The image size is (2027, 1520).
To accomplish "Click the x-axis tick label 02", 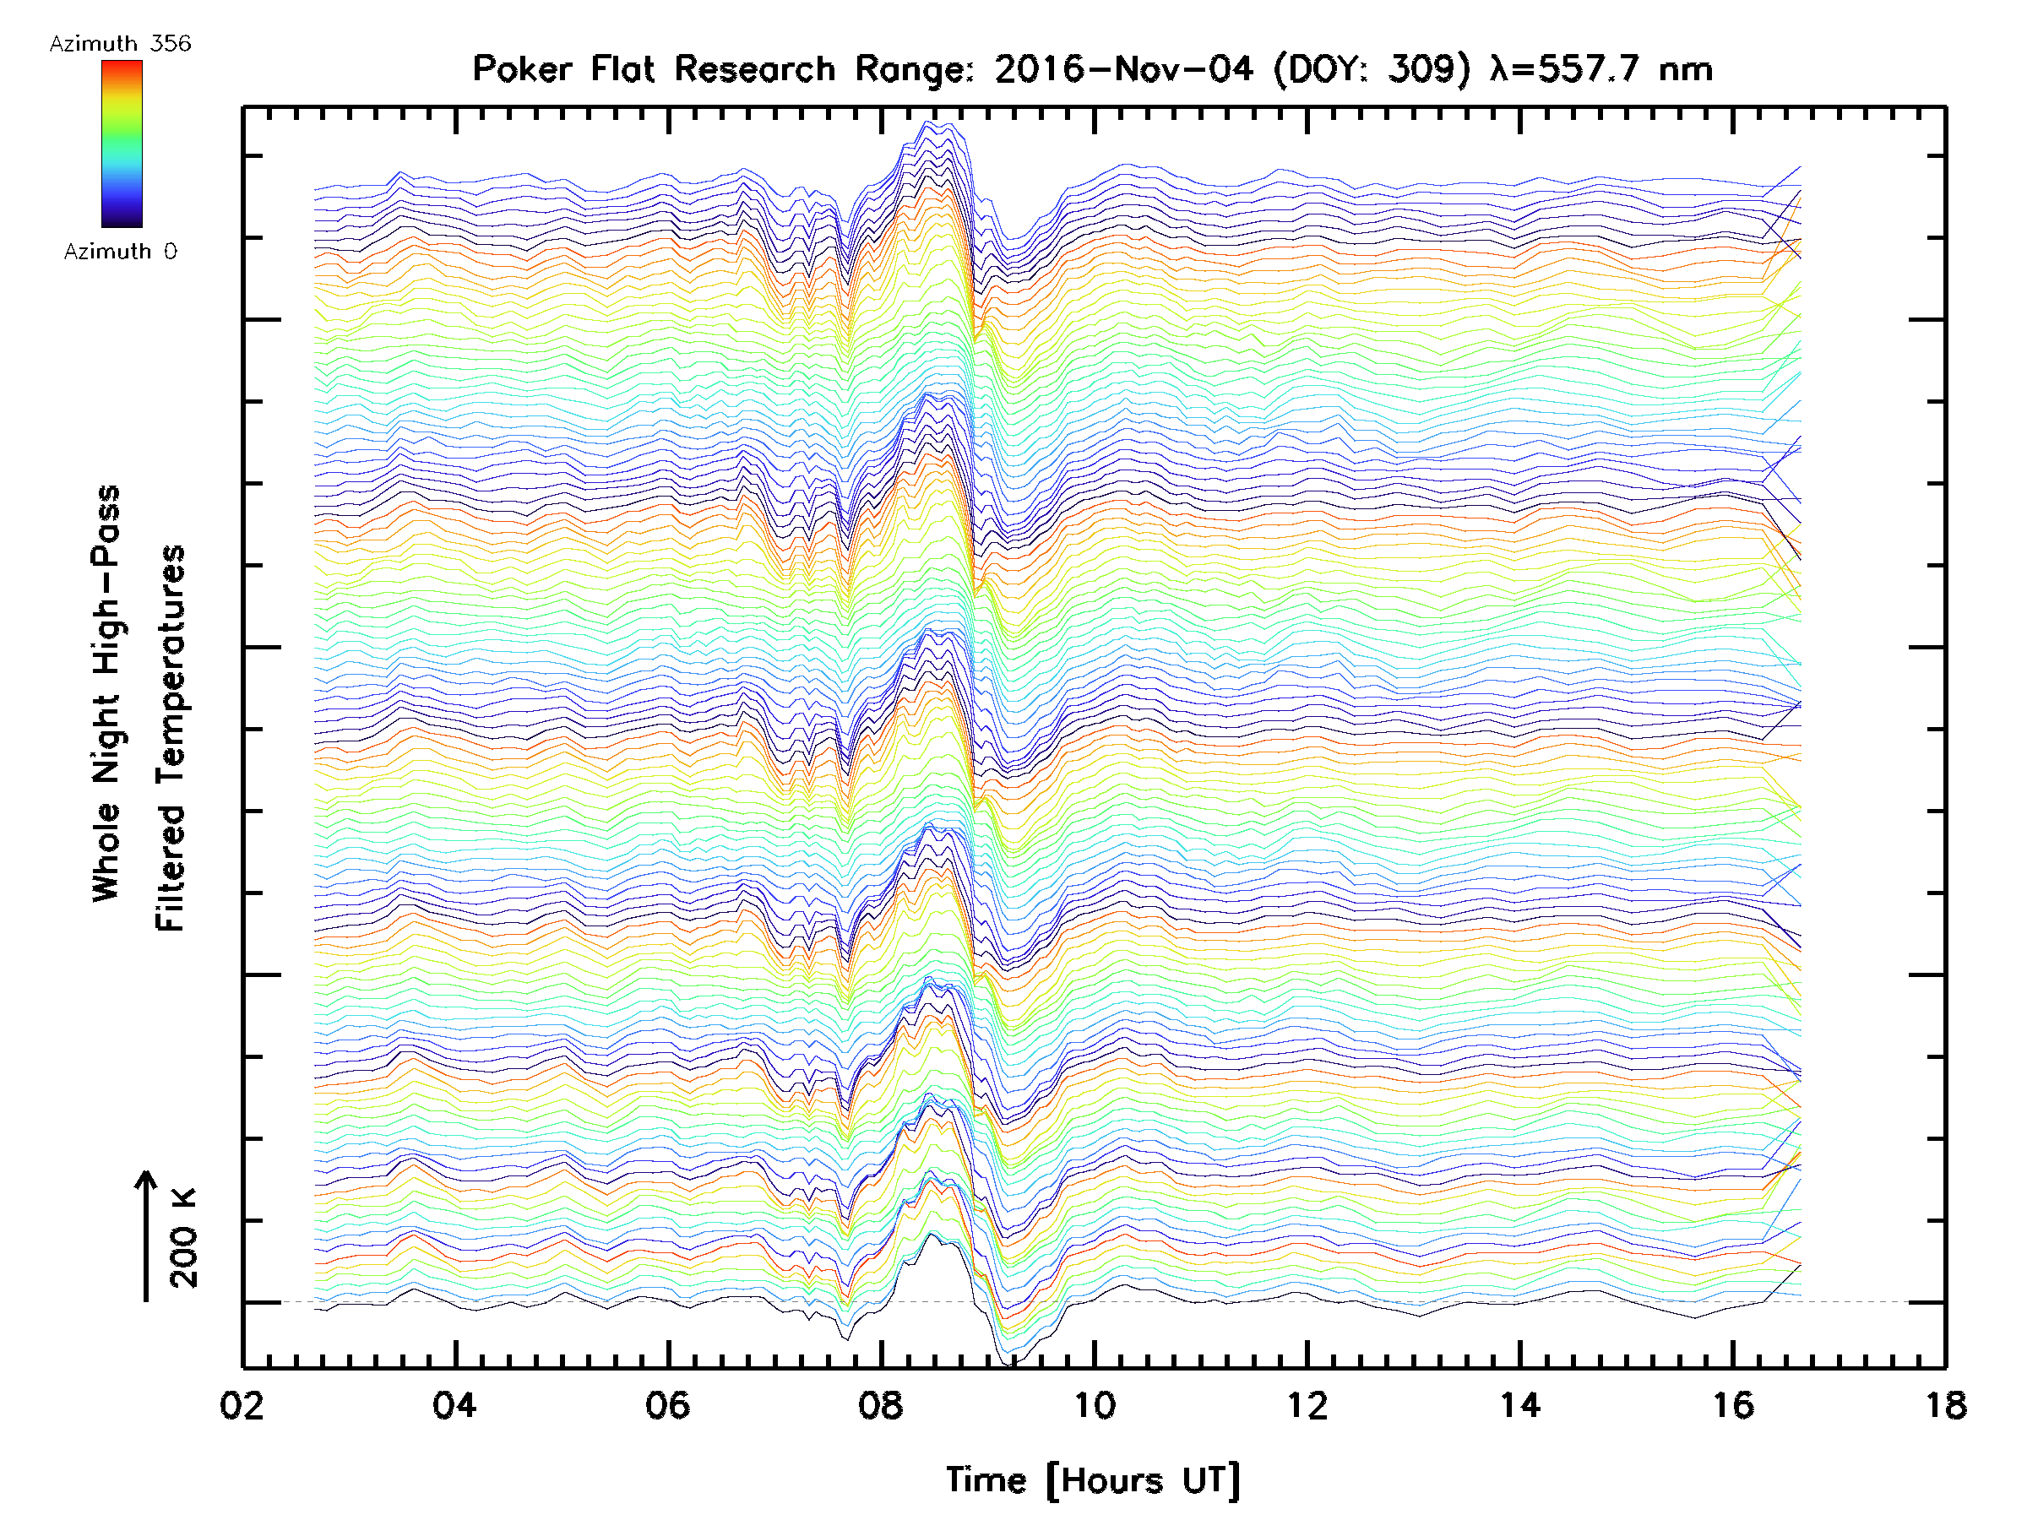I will pos(242,1405).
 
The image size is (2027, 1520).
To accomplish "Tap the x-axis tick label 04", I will pos(454,1405).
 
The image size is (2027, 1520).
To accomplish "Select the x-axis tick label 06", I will pos(668,1405).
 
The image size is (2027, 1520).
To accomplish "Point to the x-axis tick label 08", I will pos(881,1405).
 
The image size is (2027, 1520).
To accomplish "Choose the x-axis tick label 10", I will pos(1094,1405).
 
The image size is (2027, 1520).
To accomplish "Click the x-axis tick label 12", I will pos(1307,1405).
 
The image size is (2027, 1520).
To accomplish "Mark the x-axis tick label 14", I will pos(1520,1405).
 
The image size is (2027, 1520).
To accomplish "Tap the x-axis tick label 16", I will pos(1733,1405).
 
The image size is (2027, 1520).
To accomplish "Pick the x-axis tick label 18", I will pos(1945,1405).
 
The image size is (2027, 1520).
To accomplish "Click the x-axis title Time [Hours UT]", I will pos(1093,1480).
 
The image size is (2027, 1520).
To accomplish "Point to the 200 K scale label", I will pos(183,1238).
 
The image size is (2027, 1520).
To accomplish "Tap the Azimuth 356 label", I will pos(120,43).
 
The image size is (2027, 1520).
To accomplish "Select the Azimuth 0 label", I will pos(120,251).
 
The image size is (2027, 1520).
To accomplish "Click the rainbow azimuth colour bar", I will pos(122,144).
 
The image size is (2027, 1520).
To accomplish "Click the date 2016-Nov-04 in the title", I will pos(1123,68).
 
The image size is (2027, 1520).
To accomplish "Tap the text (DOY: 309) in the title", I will pos(1371,68).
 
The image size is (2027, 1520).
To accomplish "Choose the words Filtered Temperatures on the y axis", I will pos(171,739).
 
